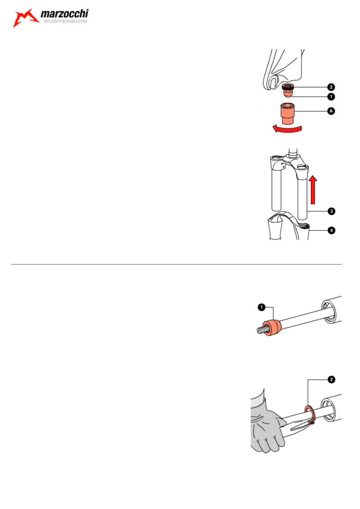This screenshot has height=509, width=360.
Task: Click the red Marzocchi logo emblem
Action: click(25, 18)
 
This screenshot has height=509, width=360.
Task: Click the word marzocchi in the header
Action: click(65, 14)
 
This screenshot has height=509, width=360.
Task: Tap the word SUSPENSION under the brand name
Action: click(65, 21)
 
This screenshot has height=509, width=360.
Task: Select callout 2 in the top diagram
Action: click(331, 87)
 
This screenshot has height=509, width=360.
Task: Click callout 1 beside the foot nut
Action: click(331, 97)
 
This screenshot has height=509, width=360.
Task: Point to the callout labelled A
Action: click(331, 111)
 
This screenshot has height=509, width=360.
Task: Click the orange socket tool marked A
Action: click(288, 113)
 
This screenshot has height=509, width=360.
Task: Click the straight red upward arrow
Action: click(313, 190)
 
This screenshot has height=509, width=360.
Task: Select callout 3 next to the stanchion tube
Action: click(331, 211)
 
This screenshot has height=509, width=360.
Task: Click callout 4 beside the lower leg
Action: click(331, 231)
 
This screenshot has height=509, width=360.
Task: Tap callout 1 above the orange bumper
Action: click(262, 307)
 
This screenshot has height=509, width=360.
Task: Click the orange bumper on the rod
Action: click(272, 327)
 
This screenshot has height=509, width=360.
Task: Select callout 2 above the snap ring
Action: click(331, 379)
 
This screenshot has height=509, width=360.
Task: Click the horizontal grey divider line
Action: click(176, 264)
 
